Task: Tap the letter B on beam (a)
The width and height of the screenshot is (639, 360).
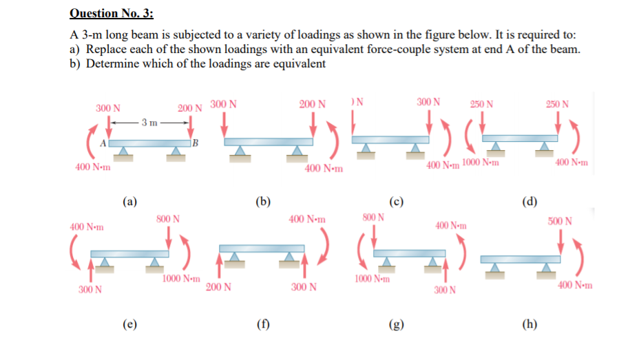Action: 195,143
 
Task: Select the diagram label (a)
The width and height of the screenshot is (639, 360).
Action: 129,202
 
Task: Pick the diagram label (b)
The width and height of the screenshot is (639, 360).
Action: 262,202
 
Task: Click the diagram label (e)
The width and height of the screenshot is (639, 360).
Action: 129,324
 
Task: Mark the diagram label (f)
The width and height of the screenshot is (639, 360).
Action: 262,324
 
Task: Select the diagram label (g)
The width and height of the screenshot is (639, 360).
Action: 396,324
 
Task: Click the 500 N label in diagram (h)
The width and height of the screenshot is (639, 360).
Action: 560,222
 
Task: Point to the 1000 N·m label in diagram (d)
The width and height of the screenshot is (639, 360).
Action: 481,162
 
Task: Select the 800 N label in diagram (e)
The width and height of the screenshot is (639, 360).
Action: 168,219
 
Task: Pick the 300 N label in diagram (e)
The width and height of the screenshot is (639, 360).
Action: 90,290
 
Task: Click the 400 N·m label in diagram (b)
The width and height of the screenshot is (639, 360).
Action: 319,169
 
